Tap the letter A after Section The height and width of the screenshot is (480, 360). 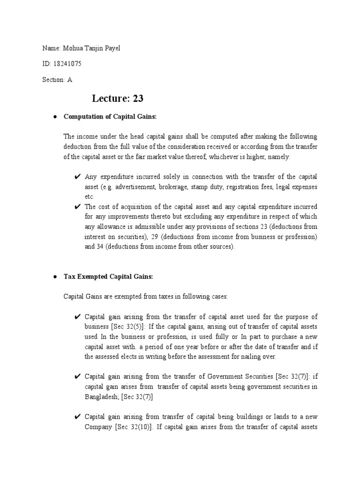point(70,79)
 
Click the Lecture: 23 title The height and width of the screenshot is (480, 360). point(118,98)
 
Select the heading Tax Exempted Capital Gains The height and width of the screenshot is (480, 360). point(108,277)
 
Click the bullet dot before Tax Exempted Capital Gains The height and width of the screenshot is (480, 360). point(55,277)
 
